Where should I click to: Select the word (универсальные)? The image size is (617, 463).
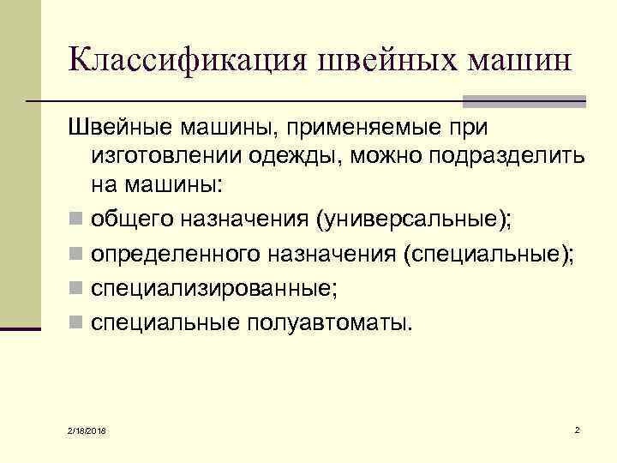click(x=414, y=221)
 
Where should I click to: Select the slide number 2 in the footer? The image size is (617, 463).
click(x=578, y=428)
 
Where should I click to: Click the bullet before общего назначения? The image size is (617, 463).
click(x=77, y=222)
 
